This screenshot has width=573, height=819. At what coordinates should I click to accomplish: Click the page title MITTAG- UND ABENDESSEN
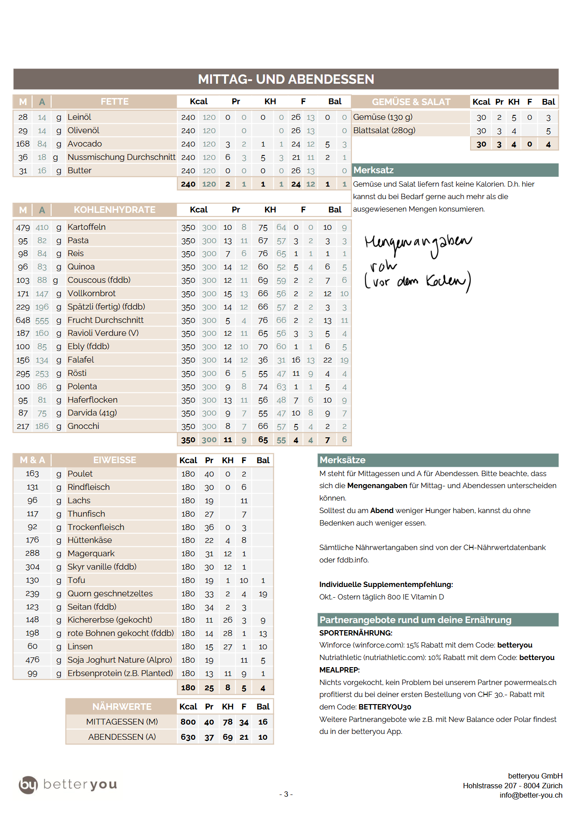286,79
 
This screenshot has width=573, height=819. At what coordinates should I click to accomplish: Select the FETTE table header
114,102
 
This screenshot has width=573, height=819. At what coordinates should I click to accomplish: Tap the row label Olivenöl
83,130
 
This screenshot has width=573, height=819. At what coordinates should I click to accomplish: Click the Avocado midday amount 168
23,144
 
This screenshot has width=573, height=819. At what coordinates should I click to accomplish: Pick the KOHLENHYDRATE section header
114,210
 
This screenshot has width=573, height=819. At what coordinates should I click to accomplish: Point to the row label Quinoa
81,267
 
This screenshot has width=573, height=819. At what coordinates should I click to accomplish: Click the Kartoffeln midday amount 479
23,228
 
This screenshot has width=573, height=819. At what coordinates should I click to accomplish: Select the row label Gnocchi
83,426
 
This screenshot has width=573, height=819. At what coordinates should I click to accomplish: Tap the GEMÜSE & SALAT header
411,102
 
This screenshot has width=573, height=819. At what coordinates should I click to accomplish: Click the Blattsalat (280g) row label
384,130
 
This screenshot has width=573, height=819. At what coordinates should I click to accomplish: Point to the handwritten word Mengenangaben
418,244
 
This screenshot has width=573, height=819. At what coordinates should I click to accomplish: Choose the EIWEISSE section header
114,460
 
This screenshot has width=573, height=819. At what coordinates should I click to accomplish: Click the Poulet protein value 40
209,474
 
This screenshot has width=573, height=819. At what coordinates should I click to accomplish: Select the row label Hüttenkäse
89,540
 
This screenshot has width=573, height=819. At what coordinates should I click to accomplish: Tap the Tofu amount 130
33,580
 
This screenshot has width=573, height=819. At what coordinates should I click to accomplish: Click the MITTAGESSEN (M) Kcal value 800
188,722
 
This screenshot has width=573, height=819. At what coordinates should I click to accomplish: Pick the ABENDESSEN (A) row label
122,737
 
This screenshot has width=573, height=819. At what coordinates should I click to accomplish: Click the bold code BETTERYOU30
385,707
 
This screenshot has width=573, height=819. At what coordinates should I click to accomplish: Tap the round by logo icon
28,785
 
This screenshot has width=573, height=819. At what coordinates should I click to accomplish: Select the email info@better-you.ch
531,795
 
